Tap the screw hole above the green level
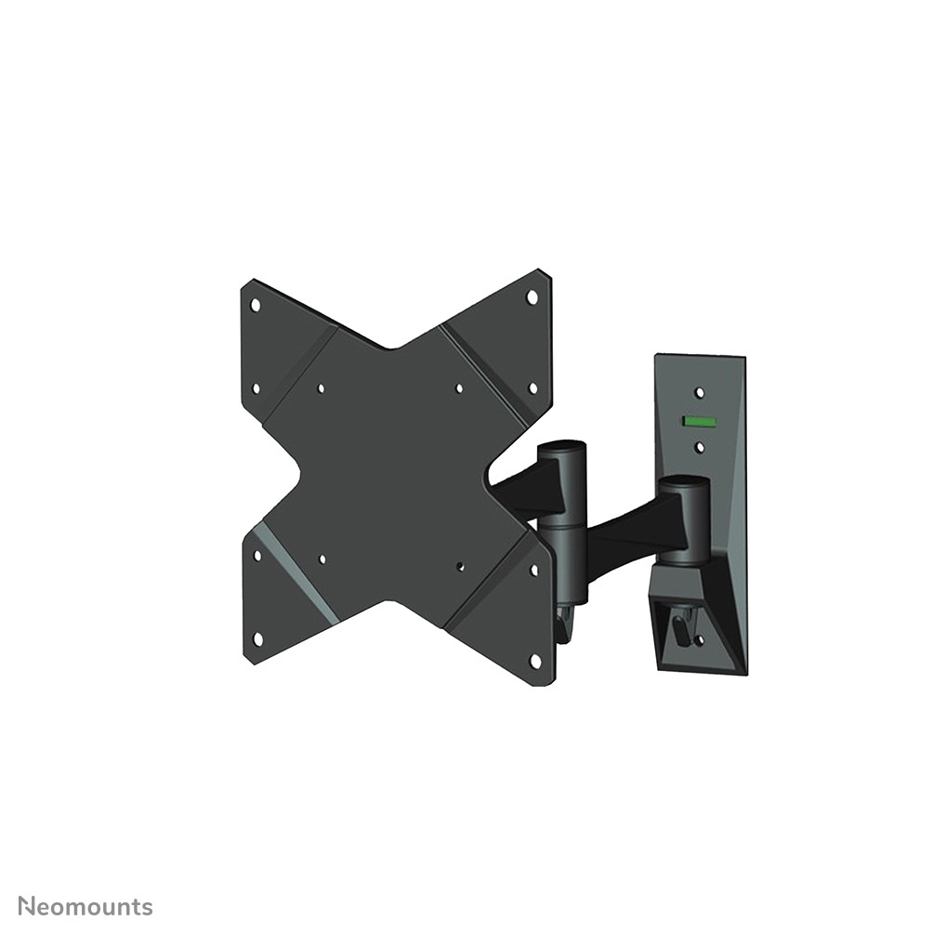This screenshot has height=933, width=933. pos(700,393)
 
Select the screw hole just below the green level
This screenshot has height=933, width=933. pos(699,447)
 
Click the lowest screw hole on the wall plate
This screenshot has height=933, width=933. pos(718,635)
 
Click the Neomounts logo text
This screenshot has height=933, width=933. pos(86,906)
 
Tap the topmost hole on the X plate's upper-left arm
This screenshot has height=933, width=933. pos(256,304)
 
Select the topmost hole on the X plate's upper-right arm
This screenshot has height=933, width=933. pos(532,296)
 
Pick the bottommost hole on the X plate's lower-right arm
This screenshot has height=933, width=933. pos(534,659)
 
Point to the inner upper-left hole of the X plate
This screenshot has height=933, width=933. pos(321,389)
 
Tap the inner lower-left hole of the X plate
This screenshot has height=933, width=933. pos(322,558)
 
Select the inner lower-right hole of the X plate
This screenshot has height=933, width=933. pos(461,563)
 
